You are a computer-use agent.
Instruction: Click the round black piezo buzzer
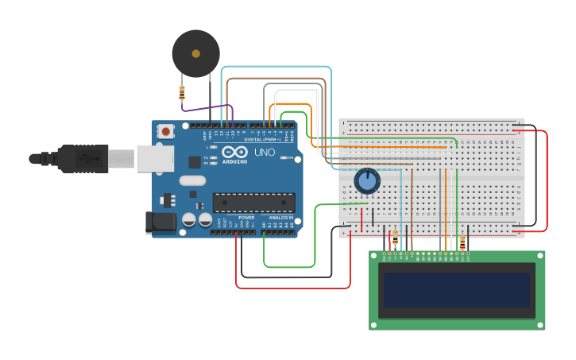coord(195,53)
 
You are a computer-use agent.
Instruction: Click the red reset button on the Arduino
coord(165,131)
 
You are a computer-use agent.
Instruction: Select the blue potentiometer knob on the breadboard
coord(367,181)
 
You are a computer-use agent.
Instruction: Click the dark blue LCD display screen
coord(457,291)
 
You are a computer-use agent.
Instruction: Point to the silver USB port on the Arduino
coord(155,158)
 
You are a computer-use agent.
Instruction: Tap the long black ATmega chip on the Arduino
coord(253,203)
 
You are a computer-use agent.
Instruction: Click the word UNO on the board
coord(265,152)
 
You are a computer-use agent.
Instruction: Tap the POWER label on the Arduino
coord(246,217)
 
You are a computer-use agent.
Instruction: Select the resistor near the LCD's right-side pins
coord(462,242)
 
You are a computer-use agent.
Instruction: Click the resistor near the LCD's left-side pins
coord(395,238)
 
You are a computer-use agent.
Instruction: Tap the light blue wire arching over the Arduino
coord(278,67)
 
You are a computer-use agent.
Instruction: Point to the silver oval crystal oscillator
coord(192,180)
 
